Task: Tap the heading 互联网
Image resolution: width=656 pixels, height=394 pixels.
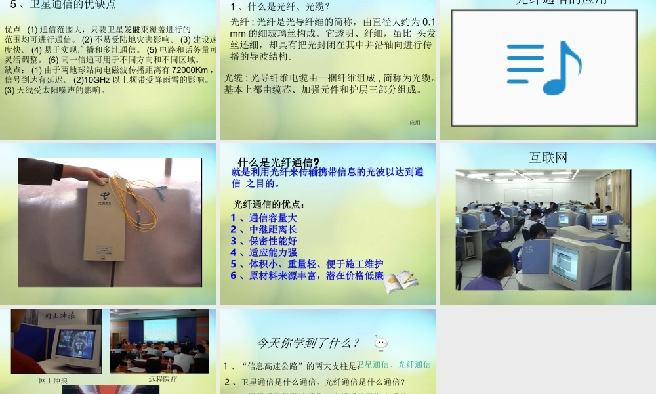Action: [548, 158]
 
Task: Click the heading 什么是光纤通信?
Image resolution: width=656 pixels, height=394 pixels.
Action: [278, 163]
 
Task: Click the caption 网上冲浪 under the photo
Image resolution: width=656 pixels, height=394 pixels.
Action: [54, 380]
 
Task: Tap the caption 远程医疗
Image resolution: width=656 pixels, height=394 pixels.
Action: [163, 379]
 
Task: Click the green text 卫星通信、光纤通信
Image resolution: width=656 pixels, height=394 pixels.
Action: [394, 364]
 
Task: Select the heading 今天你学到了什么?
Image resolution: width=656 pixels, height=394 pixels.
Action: [308, 343]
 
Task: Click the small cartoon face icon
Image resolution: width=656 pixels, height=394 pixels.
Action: [380, 342]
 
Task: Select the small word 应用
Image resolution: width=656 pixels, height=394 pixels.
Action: [415, 122]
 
